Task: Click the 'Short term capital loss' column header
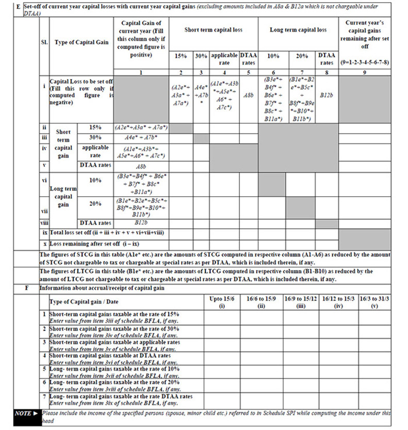(214, 30)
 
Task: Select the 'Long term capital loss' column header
(298, 30)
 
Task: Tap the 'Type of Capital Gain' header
(81, 42)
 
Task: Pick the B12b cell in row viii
(140, 223)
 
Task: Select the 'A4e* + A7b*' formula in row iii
(140, 138)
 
